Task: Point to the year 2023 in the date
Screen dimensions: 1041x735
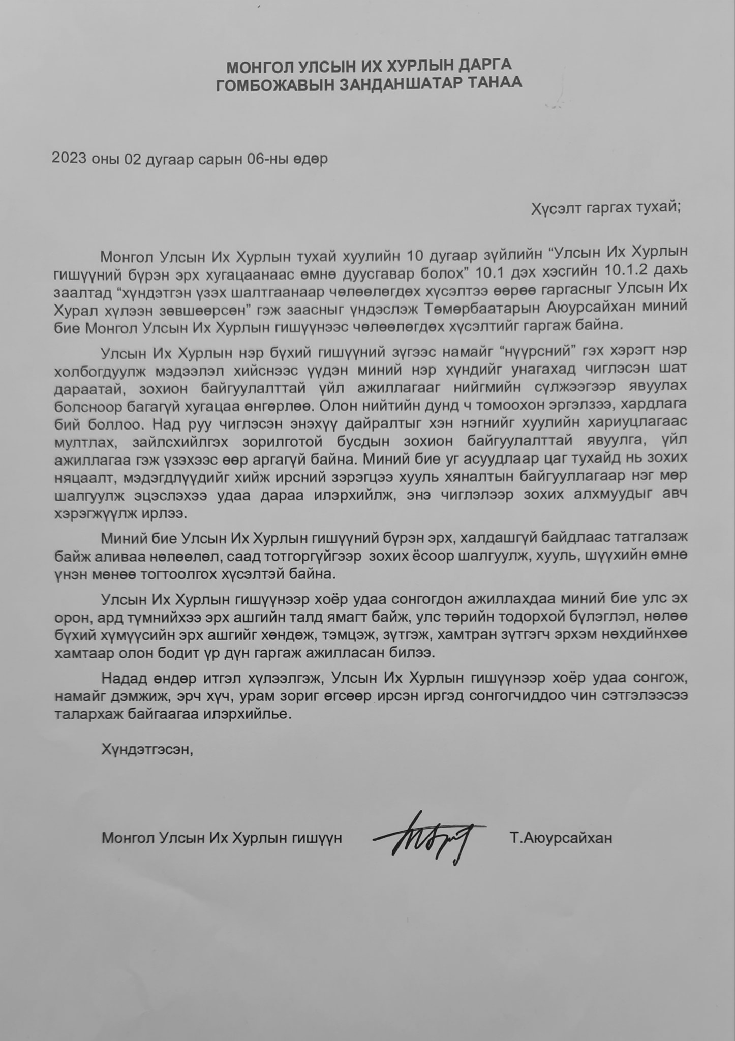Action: [x=69, y=159]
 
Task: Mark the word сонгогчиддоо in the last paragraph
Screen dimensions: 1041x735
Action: [x=518, y=696]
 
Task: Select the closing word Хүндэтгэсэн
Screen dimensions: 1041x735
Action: [x=147, y=749]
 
